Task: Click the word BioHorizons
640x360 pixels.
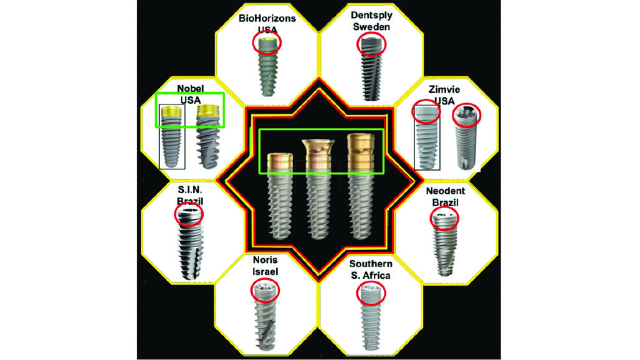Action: [267, 18]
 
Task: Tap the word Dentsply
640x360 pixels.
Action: [371, 16]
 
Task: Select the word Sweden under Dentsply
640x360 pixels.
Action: [371, 27]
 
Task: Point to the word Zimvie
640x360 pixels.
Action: [444, 90]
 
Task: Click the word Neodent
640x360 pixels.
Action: [446, 191]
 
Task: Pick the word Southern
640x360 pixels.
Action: [371, 263]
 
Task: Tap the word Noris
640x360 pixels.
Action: [265, 260]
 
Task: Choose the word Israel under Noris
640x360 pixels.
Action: [265, 272]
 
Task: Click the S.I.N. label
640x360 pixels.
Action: [190, 190]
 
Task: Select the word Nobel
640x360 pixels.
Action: [190, 88]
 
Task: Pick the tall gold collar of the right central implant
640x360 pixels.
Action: [360, 149]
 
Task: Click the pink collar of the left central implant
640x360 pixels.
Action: [280, 161]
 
